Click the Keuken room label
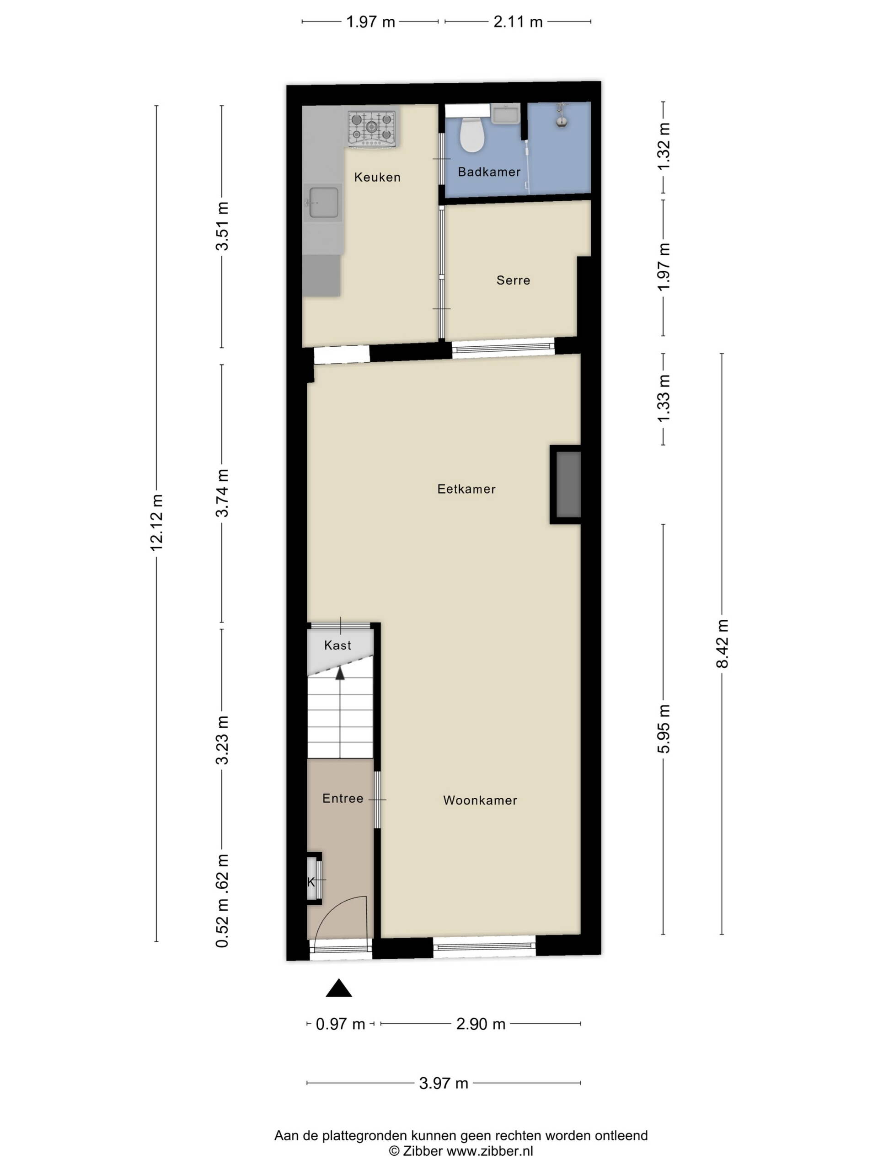click(x=377, y=177)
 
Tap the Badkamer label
click(x=489, y=172)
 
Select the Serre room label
click(x=513, y=280)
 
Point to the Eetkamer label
click(x=466, y=489)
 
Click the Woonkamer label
click(x=480, y=800)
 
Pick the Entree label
click(x=343, y=798)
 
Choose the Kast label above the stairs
click(x=337, y=645)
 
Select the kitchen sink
click(x=323, y=202)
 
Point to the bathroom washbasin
click(x=505, y=114)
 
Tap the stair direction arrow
click(x=340, y=673)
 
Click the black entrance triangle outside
click(x=339, y=988)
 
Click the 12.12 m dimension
click(x=157, y=522)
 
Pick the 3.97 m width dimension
click(x=444, y=1083)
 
